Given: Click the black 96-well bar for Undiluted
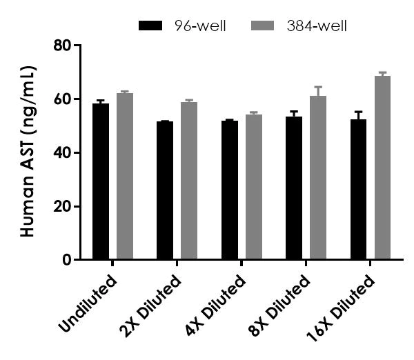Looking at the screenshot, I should [x=101, y=182].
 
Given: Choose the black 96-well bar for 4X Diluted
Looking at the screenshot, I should [x=230, y=190].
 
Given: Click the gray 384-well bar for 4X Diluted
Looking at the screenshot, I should [x=254, y=188].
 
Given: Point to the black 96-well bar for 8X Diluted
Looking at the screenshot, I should [x=294, y=188].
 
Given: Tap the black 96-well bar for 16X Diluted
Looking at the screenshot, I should [x=359, y=190].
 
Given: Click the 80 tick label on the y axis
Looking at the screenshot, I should [x=63, y=46].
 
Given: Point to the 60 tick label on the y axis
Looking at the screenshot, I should [x=63, y=99].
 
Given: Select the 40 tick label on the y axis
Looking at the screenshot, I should [x=63, y=152].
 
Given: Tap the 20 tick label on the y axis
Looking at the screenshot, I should [x=63, y=206].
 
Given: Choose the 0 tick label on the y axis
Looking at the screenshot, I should [x=68, y=260].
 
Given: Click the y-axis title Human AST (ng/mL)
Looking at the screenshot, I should [x=28, y=152].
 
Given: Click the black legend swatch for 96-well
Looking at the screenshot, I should [x=150, y=26].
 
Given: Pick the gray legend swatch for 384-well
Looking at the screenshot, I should [x=277, y=26].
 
